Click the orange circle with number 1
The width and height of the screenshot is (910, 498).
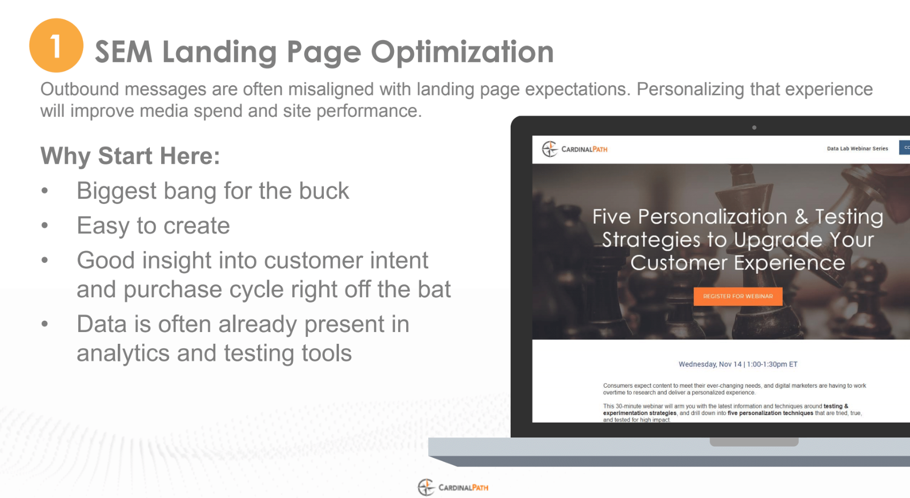click(x=56, y=45)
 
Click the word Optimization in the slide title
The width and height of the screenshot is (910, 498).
click(x=462, y=52)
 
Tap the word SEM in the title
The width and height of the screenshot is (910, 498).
click(x=124, y=51)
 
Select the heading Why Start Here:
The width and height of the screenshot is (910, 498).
click(x=130, y=156)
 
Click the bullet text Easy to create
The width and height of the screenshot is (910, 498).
click(x=153, y=225)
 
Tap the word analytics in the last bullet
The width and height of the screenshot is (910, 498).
click(x=123, y=353)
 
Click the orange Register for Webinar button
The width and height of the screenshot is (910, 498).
click(x=738, y=296)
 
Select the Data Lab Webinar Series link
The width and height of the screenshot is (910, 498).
click(x=857, y=148)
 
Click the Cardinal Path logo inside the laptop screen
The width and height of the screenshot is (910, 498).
click(x=574, y=149)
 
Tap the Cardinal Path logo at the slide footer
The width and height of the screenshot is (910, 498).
click(x=453, y=487)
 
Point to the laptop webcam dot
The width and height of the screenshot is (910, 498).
click(x=754, y=127)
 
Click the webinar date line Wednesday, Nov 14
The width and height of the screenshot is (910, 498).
click(x=738, y=364)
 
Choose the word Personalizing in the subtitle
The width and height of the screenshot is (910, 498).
click(x=690, y=89)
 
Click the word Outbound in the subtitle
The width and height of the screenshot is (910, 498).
click(x=80, y=89)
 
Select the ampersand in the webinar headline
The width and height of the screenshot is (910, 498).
click(x=801, y=217)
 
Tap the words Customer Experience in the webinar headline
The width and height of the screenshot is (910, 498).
click(x=738, y=262)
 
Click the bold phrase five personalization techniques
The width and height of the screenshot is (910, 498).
click(x=770, y=413)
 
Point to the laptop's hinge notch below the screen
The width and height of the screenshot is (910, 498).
click(x=754, y=442)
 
